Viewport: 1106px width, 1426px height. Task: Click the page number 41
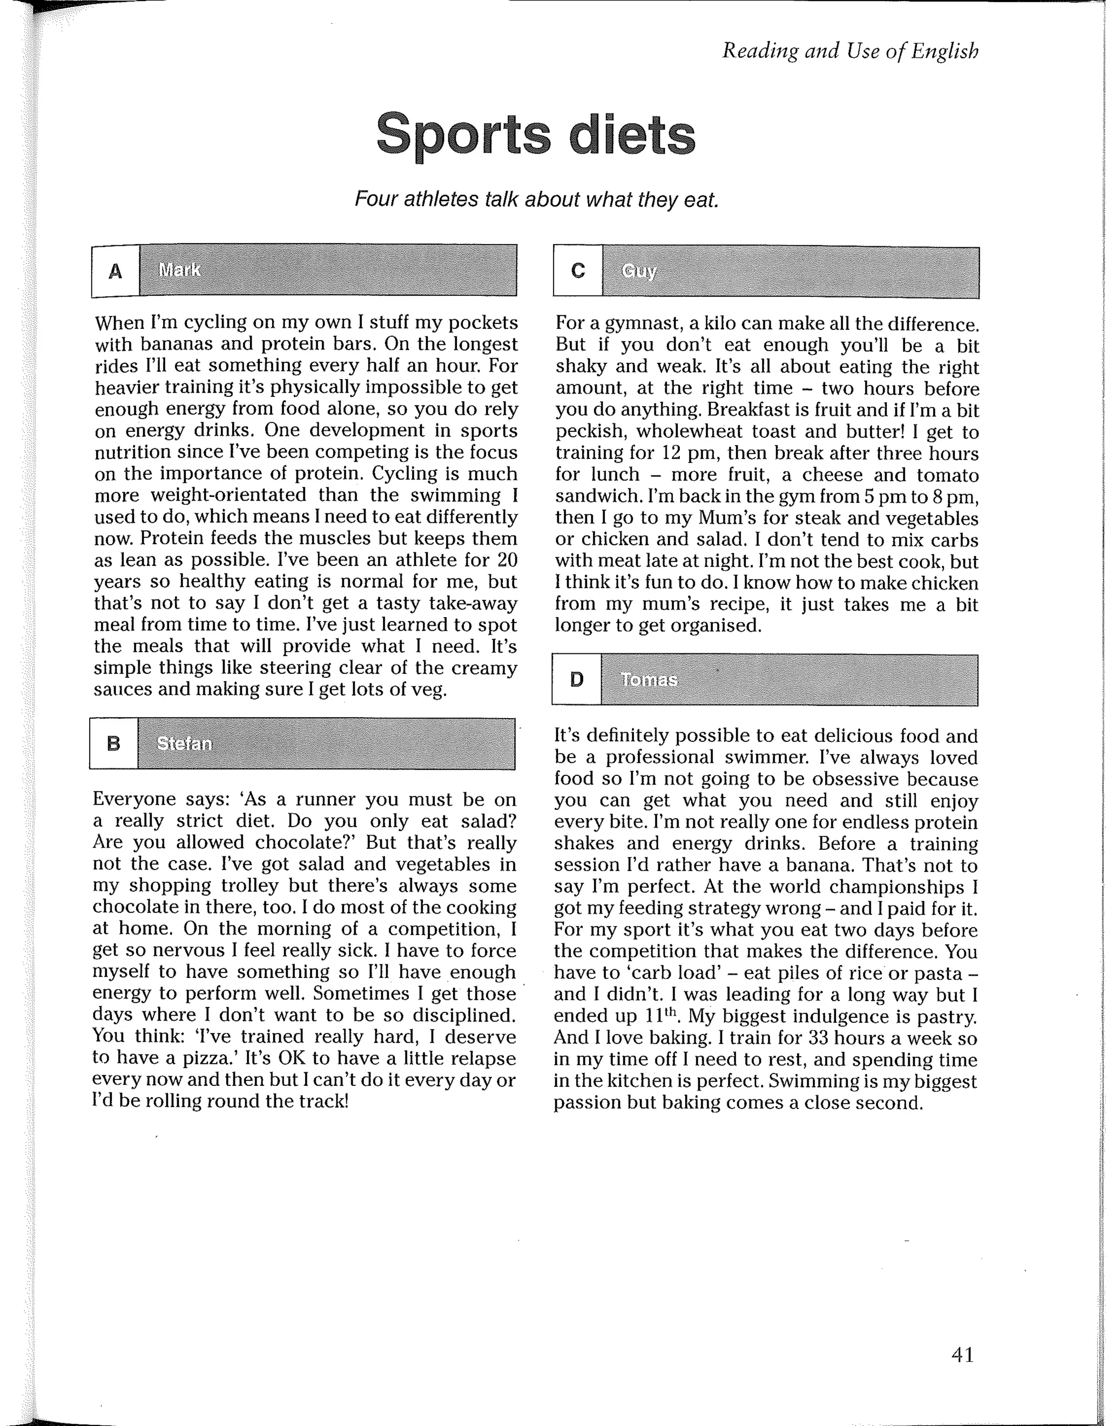click(962, 1355)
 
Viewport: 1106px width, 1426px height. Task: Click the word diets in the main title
click(631, 134)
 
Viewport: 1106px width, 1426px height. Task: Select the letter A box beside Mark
click(116, 271)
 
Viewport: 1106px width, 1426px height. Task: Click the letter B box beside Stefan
click(113, 744)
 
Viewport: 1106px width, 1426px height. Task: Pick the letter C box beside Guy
click(578, 271)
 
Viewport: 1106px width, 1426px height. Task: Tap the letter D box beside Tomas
click(577, 680)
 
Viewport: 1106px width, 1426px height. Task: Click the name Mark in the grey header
click(179, 269)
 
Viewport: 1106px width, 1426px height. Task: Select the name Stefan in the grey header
click(184, 744)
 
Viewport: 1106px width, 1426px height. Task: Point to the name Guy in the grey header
click(638, 271)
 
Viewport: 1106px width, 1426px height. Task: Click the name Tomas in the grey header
click(649, 680)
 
